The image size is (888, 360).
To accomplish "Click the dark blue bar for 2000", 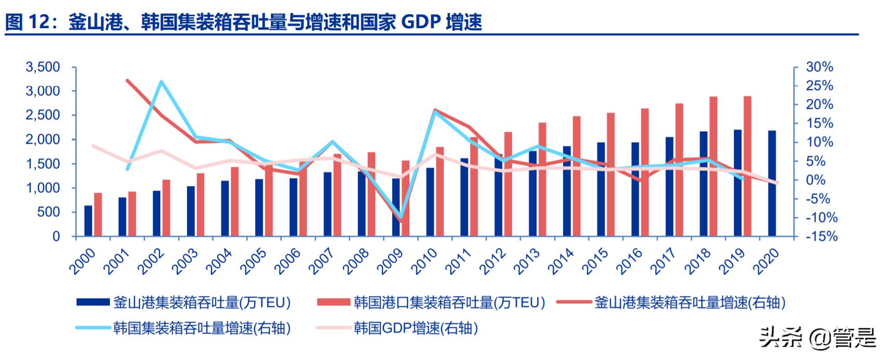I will (88, 221).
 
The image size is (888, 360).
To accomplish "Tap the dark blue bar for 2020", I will (772, 183).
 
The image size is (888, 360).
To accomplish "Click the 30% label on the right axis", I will (819, 67).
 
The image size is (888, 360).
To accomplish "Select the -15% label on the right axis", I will (819, 237).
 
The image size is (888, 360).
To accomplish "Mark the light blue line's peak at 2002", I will (161, 81).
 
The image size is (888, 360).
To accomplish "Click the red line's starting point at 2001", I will (128, 80).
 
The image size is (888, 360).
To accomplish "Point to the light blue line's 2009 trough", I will (400, 216).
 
